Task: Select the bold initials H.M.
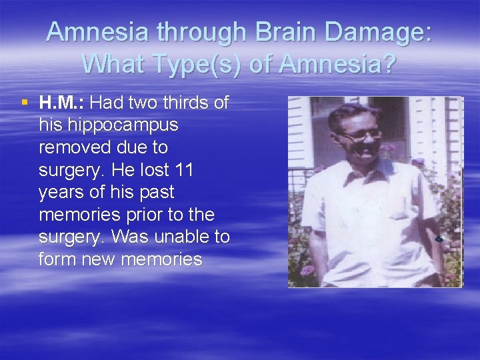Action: coord(62,103)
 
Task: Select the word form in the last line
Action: coord(57,259)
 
